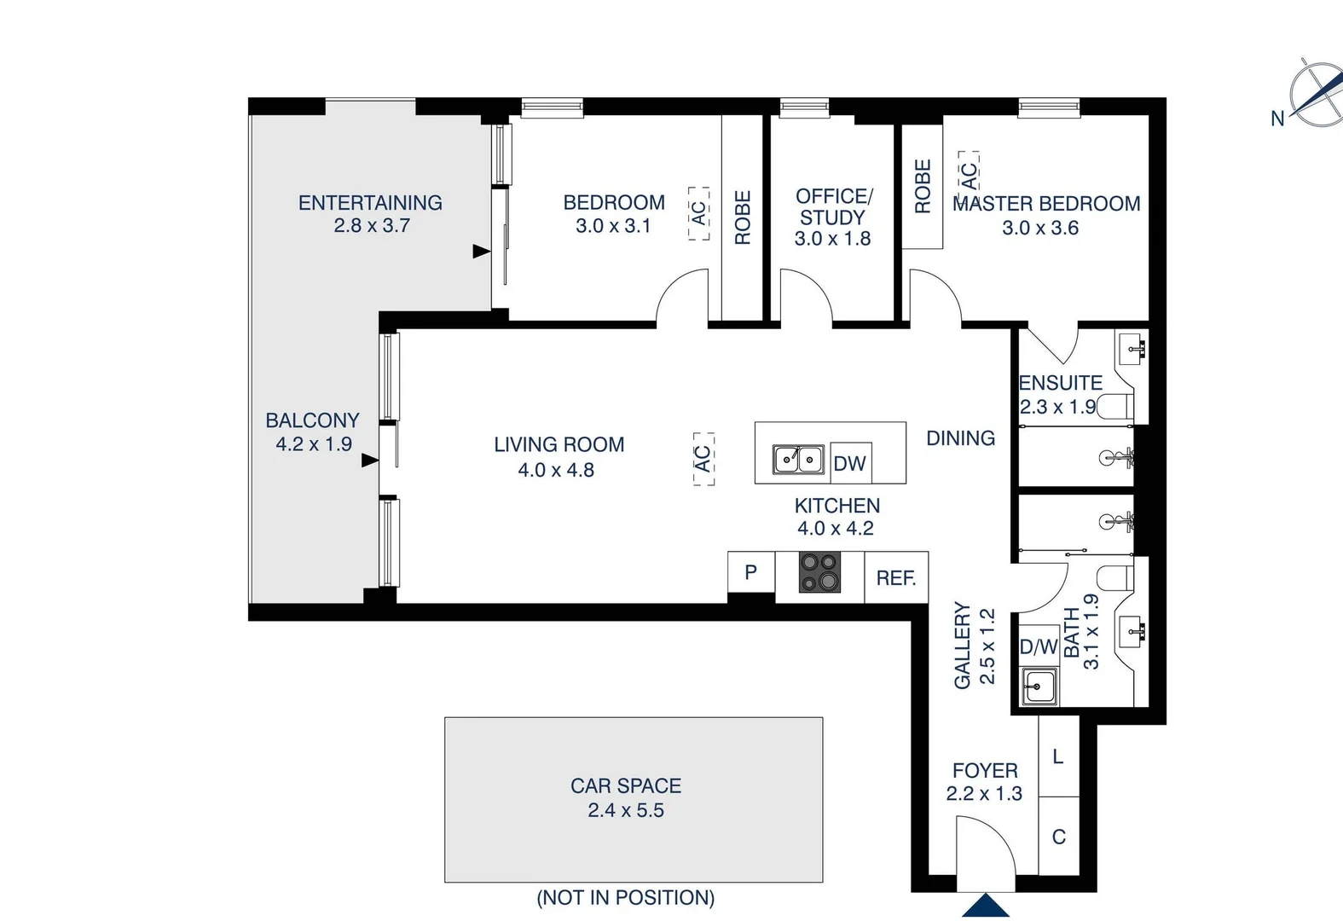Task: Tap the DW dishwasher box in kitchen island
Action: click(x=849, y=463)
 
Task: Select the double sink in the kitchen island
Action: click(x=798, y=460)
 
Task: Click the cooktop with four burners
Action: click(x=819, y=572)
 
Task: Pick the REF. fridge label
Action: click(x=895, y=578)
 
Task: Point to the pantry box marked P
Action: click(x=750, y=572)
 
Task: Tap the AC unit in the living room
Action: click(x=703, y=459)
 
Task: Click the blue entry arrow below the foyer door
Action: click(x=986, y=906)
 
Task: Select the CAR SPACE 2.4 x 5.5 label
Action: click(x=626, y=797)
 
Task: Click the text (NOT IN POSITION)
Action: click(x=626, y=897)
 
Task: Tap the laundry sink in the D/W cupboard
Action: click(x=1039, y=686)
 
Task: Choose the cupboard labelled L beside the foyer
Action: click(x=1058, y=756)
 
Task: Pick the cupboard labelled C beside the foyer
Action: click(x=1058, y=837)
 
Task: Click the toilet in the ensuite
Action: click(x=1116, y=406)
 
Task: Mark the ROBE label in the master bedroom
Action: click(x=923, y=186)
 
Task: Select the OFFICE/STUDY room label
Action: click(x=833, y=217)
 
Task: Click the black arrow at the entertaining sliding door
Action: click(x=481, y=252)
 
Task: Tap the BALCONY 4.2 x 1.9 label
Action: click(x=313, y=432)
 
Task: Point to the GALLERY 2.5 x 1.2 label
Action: click(x=974, y=646)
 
